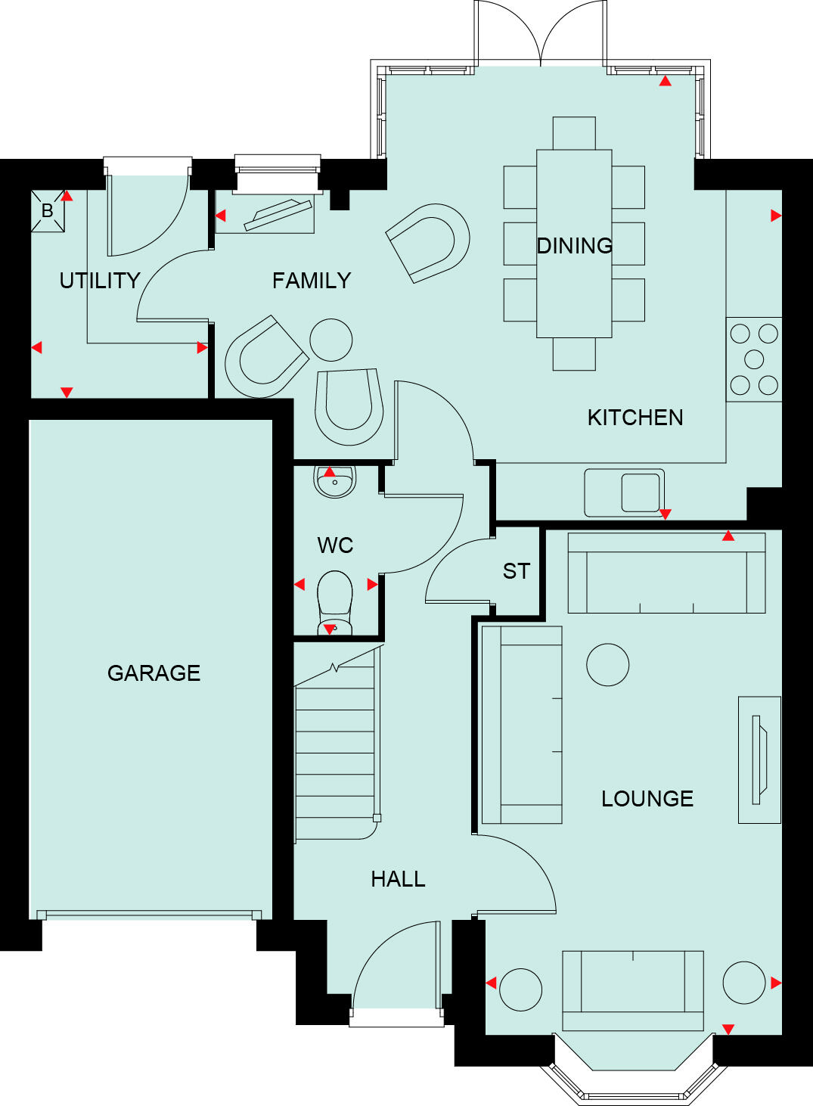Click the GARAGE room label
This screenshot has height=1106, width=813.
point(154,673)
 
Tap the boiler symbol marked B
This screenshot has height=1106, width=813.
point(48,211)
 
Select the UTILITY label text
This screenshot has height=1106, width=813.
point(100,281)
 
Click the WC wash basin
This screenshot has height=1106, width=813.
point(334,482)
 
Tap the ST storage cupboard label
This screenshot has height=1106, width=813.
point(517,571)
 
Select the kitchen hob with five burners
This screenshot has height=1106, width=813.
point(754,359)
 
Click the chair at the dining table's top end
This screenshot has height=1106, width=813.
point(574,133)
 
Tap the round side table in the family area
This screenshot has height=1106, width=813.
point(331,340)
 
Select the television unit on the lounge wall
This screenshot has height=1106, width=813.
point(759,760)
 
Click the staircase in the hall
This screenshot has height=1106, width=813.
point(335,753)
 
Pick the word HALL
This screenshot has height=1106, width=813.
point(398,879)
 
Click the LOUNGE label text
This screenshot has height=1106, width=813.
point(647,799)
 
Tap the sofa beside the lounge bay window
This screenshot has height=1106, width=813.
point(633,990)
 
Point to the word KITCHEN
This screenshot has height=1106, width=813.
point(635,418)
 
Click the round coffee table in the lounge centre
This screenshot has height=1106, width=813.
point(607,664)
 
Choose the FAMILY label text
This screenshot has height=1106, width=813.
point(312,281)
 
